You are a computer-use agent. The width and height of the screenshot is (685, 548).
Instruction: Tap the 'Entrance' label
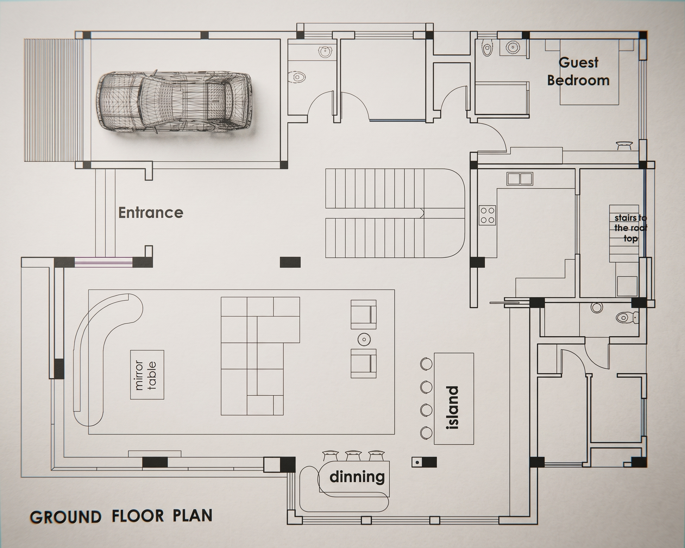(x=151, y=213)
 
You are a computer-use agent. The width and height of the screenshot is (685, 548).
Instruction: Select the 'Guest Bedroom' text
(x=578, y=71)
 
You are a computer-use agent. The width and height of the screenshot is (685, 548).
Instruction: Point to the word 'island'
(x=453, y=408)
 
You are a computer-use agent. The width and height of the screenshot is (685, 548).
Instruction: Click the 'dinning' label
(x=357, y=476)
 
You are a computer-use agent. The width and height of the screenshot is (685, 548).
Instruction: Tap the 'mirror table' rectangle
(x=147, y=375)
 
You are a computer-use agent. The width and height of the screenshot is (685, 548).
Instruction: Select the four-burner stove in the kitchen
(x=487, y=215)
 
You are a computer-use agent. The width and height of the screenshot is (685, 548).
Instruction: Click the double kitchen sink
(x=520, y=178)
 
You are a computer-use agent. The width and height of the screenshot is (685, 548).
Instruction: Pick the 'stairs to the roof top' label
(x=631, y=228)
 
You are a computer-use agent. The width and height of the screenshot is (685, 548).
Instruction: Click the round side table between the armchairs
(x=364, y=339)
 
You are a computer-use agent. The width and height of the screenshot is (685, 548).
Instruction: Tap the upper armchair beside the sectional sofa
(x=364, y=314)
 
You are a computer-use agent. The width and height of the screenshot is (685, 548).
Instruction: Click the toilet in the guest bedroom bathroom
(x=486, y=48)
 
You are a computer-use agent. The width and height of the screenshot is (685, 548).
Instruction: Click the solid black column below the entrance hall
(x=290, y=262)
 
